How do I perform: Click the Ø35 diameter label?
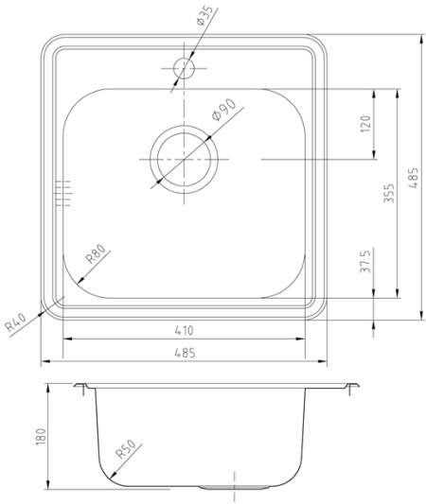(x=204, y=16)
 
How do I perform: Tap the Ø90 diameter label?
(x=224, y=110)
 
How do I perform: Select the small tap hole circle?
(x=184, y=68)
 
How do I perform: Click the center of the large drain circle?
(x=184, y=160)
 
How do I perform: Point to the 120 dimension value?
(x=366, y=124)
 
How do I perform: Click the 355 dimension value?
(x=389, y=193)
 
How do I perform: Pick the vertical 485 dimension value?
(x=413, y=178)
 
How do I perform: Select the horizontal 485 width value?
(x=185, y=353)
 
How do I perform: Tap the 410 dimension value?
(x=184, y=330)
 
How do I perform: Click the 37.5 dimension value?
(x=365, y=261)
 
